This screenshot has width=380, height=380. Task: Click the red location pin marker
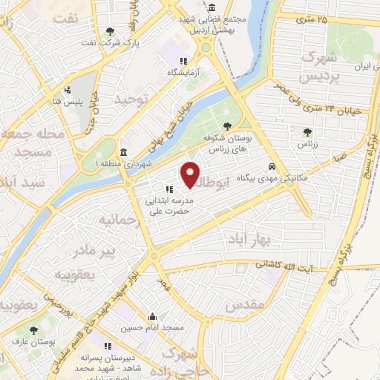[191, 174]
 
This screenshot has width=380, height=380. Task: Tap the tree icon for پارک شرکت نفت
[111, 31]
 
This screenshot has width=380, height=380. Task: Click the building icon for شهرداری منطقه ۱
[124, 152]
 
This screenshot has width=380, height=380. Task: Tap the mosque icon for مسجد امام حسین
[152, 315]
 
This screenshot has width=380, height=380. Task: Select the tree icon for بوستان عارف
[33, 330]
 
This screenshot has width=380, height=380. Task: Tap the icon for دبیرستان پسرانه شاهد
[108, 346]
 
